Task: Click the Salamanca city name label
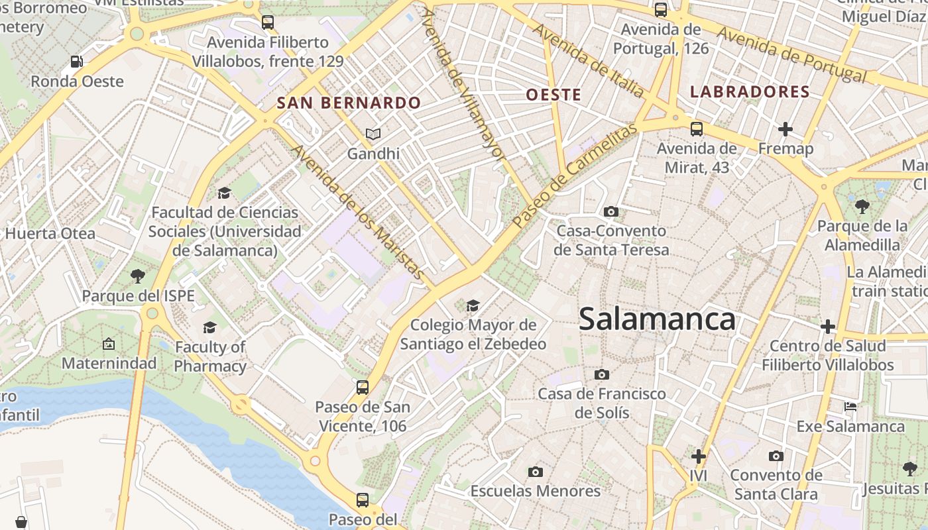pyautogui.click(x=657, y=319)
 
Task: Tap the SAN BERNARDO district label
pyautogui.click(x=349, y=103)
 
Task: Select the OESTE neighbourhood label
pyautogui.click(x=553, y=95)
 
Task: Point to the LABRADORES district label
pyautogui.click(x=750, y=92)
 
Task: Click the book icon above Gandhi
pyautogui.click(x=374, y=134)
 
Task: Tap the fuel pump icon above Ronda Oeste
pyautogui.click(x=77, y=62)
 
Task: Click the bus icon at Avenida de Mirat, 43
pyautogui.click(x=696, y=129)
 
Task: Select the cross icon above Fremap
pyautogui.click(x=785, y=129)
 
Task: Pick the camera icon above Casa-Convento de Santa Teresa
pyautogui.click(x=611, y=212)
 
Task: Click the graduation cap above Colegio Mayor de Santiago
pyautogui.click(x=473, y=305)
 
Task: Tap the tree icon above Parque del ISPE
pyautogui.click(x=138, y=276)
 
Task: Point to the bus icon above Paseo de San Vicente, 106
pyautogui.click(x=362, y=387)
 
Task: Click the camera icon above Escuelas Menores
pyautogui.click(x=536, y=472)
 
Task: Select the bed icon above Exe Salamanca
pyautogui.click(x=850, y=406)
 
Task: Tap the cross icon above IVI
pyautogui.click(x=698, y=456)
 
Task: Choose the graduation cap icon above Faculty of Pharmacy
pyautogui.click(x=210, y=327)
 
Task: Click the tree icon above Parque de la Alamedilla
pyautogui.click(x=862, y=207)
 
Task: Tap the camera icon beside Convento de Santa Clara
pyautogui.click(x=776, y=456)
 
